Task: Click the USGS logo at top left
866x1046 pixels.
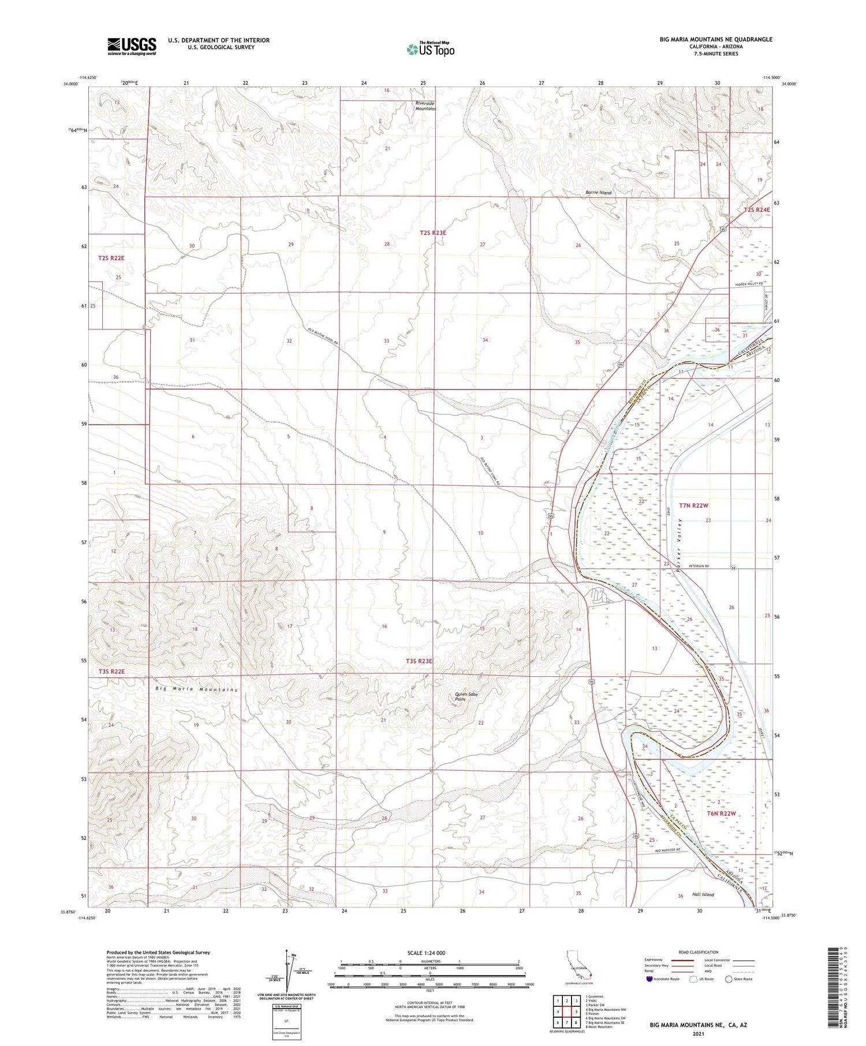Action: pyautogui.click(x=132, y=46)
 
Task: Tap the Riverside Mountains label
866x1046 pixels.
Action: pyautogui.click(x=425, y=106)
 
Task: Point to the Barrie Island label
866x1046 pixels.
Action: pyautogui.click(x=598, y=193)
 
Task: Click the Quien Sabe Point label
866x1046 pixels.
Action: pyautogui.click(x=466, y=696)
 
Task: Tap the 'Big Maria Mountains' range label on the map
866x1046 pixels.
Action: pyautogui.click(x=196, y=690)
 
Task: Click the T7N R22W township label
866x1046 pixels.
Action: pyautogui.click(x=693, y=505)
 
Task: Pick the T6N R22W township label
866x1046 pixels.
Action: pyautogui.click(x=722, y=813)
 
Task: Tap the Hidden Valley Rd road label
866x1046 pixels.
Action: pyautogui.click(x=749, y=284)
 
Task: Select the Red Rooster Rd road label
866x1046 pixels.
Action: pyautogui.click(x=668, y=850)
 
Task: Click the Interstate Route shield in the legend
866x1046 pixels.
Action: pyautogui.click(x=649, y=979)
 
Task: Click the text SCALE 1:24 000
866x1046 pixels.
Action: pyautogui.click(x=426, y=953)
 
